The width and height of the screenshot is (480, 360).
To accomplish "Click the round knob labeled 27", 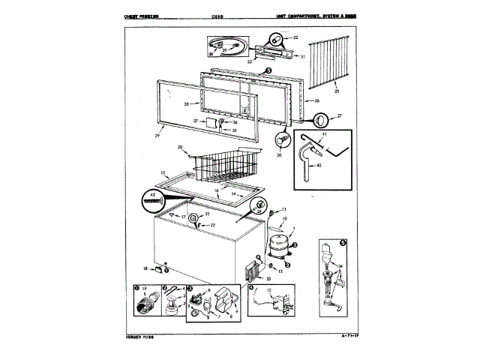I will tap(320, 120).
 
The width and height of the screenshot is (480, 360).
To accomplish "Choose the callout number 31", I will tap(302, 57).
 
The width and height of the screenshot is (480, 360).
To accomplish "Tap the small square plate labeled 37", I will tap(211, 121).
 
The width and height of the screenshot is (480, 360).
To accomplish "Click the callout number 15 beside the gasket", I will tap(162, 172).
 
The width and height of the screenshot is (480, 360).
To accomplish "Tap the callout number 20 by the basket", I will tap(180, 147).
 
